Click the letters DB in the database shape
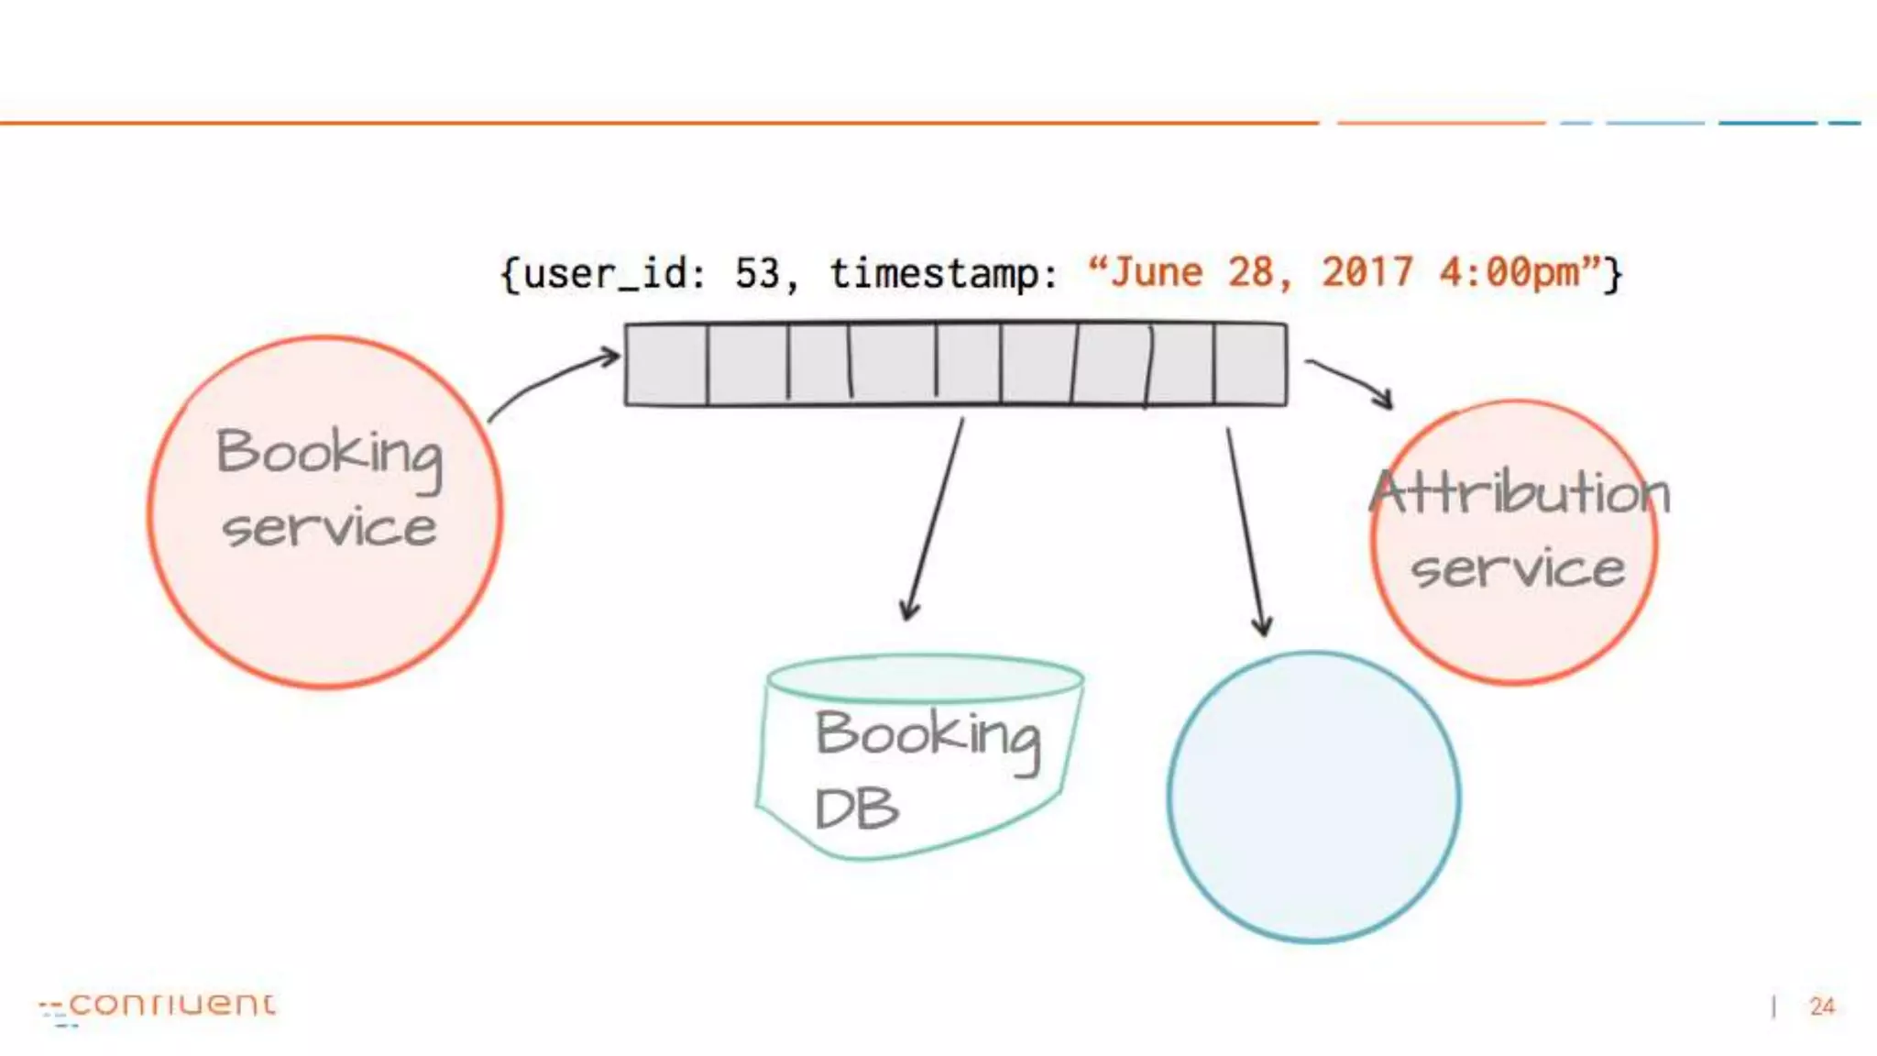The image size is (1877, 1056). [856, 808]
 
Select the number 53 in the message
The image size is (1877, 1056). [757, 273]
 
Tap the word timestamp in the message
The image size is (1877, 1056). [935, 273]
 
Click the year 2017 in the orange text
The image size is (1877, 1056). [1367, 272]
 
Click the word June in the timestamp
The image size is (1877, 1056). [1156, 272]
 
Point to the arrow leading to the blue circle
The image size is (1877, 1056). [1246, 532]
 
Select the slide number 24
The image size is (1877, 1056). [1822, 1006]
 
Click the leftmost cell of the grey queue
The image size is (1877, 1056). [666, 364]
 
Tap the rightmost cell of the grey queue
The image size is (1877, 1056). [1250, 364]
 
